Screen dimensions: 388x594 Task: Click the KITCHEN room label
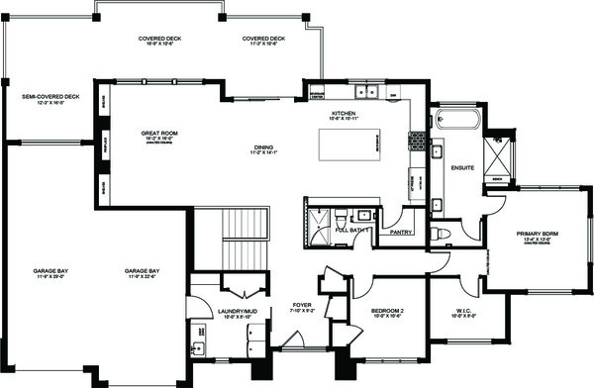tap(344, 115)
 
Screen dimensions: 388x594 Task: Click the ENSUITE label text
tap(462, 167)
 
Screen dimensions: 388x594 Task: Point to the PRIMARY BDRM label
tap(539, 235)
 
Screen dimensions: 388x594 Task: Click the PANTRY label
tap(401, 233)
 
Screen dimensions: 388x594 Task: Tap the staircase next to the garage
tap(242, 238)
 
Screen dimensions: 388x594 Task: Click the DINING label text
tap(262, 149)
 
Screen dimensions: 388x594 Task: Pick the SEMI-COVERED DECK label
tap(49, 98)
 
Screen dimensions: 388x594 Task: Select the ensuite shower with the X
tap(492, 157)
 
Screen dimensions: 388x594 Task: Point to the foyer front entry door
tap(293, 341)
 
